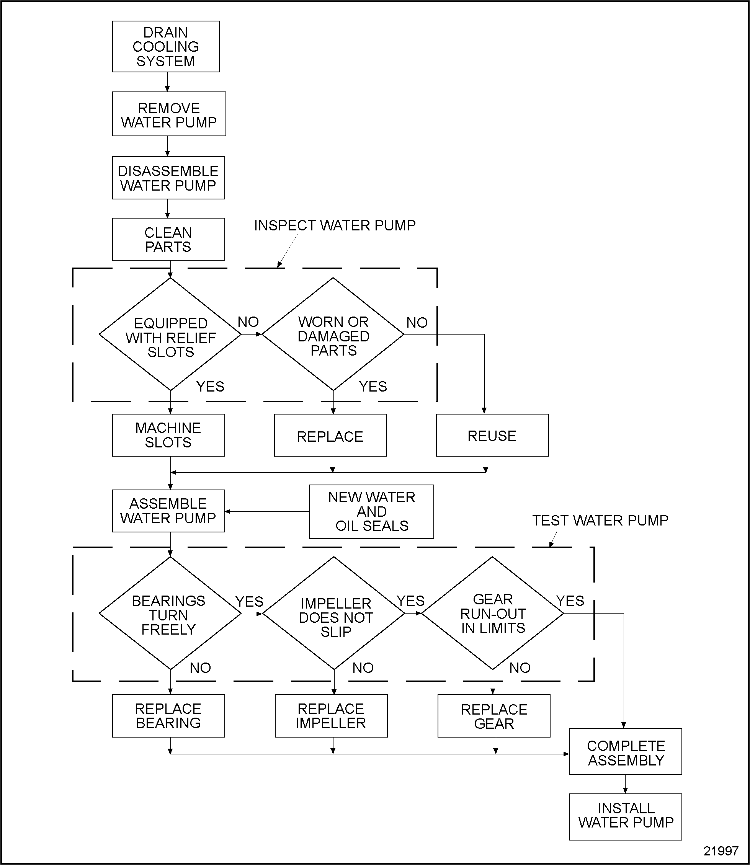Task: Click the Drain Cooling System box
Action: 166,46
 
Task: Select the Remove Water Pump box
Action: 169,114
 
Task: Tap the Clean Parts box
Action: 168,239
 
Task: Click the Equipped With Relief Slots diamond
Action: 170,335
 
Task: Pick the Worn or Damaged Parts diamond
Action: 333,335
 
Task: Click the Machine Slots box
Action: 168,435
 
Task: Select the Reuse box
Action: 492,435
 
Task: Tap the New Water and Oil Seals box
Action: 371,511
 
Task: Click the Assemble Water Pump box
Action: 168,511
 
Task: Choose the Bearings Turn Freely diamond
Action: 170,614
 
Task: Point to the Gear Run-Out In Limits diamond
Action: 493,614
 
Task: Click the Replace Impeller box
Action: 331,716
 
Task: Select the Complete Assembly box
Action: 625,752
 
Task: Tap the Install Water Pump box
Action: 625,816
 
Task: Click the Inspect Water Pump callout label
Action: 335,225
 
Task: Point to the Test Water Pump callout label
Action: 600,521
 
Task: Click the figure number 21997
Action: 721,851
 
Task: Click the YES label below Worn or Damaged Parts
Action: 373,387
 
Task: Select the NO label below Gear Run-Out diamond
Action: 520,668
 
